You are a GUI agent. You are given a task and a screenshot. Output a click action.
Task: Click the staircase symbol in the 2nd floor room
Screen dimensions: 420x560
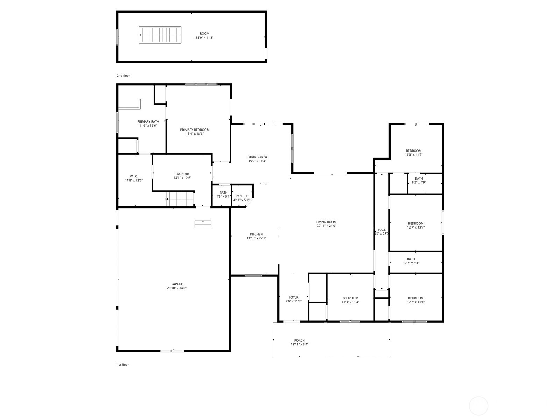(160, 35)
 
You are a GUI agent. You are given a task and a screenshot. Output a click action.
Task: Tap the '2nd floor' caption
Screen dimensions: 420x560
(123, 76)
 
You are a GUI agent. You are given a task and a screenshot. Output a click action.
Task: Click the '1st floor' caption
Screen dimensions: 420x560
(123, 365)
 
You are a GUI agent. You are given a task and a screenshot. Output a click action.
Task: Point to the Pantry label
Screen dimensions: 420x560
(241, 196)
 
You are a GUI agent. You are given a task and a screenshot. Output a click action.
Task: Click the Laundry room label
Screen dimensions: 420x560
(182, 174)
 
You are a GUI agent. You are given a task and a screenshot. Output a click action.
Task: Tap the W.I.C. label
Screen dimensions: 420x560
(134, 176)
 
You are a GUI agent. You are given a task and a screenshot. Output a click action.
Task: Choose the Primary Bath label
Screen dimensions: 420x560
(148, 122)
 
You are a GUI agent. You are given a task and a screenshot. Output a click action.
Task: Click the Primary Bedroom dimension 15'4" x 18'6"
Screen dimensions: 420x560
(195, 134)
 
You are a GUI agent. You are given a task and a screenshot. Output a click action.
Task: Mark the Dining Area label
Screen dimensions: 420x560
(257, 157)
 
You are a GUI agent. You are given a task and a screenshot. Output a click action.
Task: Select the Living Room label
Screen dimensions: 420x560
(326, 222)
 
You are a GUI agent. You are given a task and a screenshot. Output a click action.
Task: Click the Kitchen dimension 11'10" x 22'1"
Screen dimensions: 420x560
(257, 238)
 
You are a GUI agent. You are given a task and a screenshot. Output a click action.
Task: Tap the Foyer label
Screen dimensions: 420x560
(293, 297)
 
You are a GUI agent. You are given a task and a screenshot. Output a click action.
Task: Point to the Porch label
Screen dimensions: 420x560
(299, 341)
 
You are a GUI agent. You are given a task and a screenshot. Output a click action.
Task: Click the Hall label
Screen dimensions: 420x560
(382, 230)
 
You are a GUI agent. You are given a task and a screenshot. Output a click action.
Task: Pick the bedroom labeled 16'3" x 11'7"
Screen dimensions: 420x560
(414, 153)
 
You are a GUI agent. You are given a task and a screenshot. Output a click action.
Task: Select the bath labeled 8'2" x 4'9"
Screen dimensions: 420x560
(419, 180)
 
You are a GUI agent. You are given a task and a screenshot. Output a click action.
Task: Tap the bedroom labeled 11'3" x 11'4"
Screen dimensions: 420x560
(350, 300)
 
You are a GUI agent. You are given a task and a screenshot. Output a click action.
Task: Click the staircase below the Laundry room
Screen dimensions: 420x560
(180, 199)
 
